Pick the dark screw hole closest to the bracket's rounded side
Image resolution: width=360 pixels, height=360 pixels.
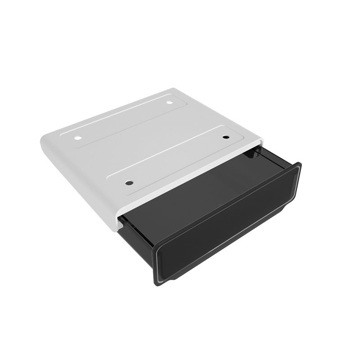coord(129,183)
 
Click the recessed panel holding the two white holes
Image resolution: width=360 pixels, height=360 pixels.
coord(121,119)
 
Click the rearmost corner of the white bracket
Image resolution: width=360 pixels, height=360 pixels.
coord(173,89)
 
